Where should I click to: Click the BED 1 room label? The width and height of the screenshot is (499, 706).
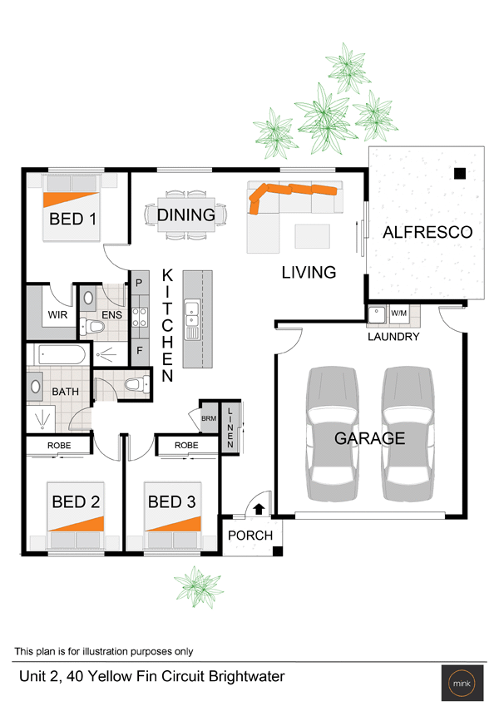[x=72, y=219]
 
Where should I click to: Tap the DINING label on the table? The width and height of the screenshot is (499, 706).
[x=186, y=215]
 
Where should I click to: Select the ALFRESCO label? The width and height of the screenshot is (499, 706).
[x=427, y=232]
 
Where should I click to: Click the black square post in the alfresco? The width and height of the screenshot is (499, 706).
[x=459, y=173]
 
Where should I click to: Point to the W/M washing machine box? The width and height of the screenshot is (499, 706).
[x=399, y=313]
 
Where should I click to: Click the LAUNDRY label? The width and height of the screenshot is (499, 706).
[x=393, y=336]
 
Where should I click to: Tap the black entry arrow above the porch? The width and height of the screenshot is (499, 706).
[x=259, y=509]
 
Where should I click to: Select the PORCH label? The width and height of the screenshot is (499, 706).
[x=250, y=536]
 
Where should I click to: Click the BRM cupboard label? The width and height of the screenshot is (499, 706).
[x=209, y=418]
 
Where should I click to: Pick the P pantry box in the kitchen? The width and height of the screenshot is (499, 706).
[x=139, y=283]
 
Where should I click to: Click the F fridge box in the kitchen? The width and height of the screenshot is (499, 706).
[x=140, y=350]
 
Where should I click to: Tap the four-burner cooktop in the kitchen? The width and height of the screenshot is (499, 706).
[x=139, y=316]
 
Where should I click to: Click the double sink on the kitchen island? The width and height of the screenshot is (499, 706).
[x=191, y=314]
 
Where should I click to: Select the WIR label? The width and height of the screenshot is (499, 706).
[x=57, y=314]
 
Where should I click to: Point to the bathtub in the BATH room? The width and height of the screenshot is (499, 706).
[x=60, y=355]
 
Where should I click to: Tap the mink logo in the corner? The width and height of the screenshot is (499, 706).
[x=462, y=684]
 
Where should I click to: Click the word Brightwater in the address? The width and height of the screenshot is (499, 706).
[x=247, y=676]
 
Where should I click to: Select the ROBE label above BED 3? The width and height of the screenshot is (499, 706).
[x=186, y=445]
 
